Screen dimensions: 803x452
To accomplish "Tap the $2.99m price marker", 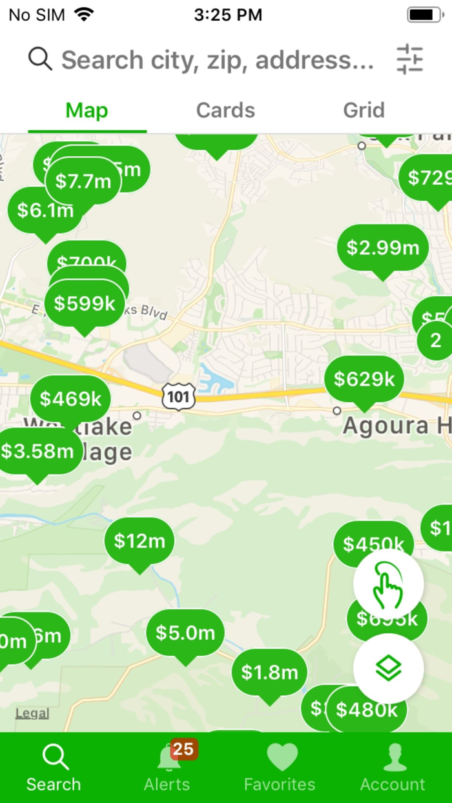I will (x=383, y=247).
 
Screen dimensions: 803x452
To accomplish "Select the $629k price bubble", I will (x=364, y=379).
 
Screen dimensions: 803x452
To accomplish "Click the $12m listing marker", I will (x=139, y=541).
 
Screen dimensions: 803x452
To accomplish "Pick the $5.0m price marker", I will (x=185, y=633).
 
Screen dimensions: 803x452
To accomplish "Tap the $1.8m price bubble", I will (x=269, y=673).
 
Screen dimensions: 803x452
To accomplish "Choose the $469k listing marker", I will (x=70, y=398).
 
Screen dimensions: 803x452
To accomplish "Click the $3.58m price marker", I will (x=37, y=451).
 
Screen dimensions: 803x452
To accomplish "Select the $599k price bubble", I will (x=85, y=303).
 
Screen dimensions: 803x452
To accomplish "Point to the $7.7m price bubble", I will (x=83, y=181).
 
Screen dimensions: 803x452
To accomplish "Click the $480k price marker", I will (x=367, y=710).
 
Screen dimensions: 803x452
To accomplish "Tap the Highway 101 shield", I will (x=178, y=396).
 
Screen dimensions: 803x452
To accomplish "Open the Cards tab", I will (x=225, y=110).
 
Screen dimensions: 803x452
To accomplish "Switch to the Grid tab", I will (x=364, y=110).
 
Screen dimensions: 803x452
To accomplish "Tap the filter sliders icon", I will (x=409, y=59).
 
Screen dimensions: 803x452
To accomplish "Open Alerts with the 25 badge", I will (x=167, y=767).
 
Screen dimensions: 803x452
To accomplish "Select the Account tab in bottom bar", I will (x=393, y=767).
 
